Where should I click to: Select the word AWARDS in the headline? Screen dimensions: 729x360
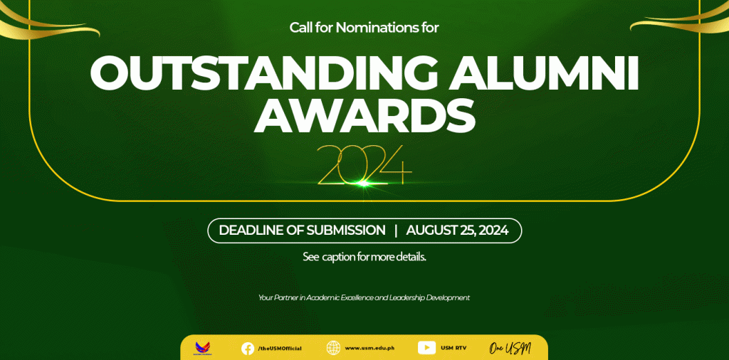click(x=364, y=115)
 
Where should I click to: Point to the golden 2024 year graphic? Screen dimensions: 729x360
click(x=364, y=165)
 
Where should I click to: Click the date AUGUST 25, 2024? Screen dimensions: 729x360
click(x=457, y=231)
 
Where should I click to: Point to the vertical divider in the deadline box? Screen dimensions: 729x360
click(x=396, y=231)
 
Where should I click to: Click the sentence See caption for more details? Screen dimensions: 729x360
click(x=364, y=257)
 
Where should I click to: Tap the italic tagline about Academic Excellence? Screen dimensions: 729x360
click(x=364, y=297)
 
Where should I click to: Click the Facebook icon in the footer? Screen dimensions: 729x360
click(x=248, y=348)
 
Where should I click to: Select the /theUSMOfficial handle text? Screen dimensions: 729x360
click(x=280, y=349)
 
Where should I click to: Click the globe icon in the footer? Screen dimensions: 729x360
click(x=333, y=348)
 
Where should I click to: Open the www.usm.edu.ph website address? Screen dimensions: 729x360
click(x=370, y=348)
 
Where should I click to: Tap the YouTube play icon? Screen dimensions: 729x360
click(x=427, y=347)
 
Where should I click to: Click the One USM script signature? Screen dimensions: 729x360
click(x=510, y=348)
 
